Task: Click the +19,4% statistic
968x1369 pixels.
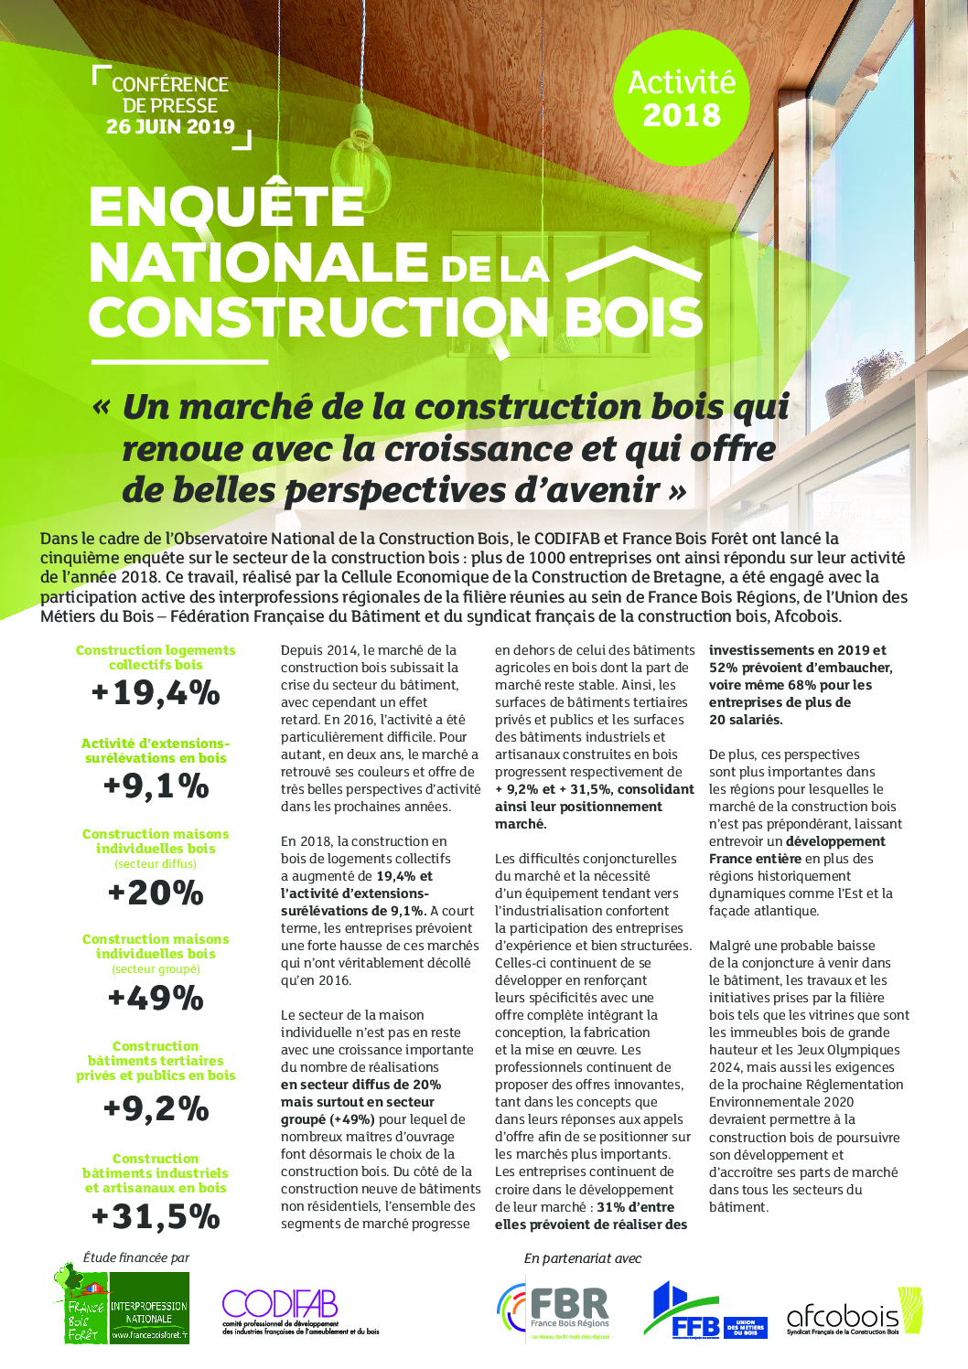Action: pyautogui.click(x=156, y=693)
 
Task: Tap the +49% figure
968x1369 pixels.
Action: pyautogui.click(x=156, y=998)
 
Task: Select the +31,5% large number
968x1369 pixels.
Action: pyautogui.click(x=156, y=1217)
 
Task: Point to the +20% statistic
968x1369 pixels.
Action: pyautogui.click(x=156, y=893)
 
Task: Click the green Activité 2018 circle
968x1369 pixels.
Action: pyautogui.click(x=682, y=99)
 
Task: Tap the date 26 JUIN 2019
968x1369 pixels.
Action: pyautogui.click(x=170, y=127)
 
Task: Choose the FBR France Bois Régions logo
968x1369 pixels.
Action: pyautogui.click(x=554, y=1310)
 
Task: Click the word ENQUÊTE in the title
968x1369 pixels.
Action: pyautogui.click(x=227, y=207)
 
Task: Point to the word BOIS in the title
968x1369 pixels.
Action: pyautogui.click(x=633, y=317)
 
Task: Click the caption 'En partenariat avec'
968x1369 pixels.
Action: pyautogui.click(x=583, y=1258)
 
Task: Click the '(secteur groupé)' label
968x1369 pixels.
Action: pyautogui.click(x=156, y=969)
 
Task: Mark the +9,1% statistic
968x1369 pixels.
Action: pyautogui.click(x=156, y=786)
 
